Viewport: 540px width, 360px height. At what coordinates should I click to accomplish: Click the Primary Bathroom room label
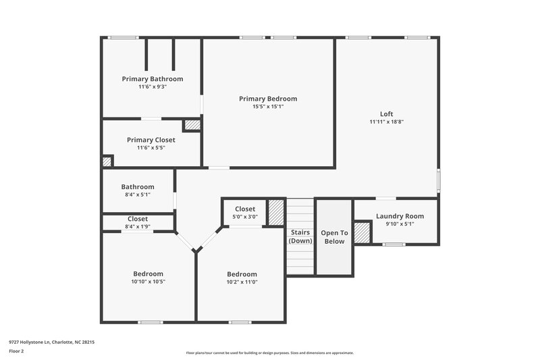click(x=152, y=79)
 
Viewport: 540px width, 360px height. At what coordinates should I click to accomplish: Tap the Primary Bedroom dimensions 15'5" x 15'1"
click(x=268, y=107)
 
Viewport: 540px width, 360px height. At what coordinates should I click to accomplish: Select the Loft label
click(x=386, y=113)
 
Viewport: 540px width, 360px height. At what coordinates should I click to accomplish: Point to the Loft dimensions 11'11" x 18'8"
click(x=386, y=122)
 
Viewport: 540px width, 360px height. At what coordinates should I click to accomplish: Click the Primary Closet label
click(x=151, y=140)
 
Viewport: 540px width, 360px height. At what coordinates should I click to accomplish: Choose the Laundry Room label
click(x=400, y=216)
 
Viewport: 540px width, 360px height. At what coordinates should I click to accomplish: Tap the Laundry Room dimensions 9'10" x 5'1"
click(x=400, y=224)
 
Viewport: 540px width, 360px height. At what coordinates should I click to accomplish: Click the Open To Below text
click(x=334, y=236)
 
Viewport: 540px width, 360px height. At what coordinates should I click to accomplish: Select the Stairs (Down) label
click(x=300, y=236)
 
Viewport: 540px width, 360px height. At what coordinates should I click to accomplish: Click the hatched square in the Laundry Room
click(x=362, y=233)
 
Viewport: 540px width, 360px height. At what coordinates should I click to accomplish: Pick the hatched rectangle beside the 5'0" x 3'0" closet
click(x=276, y=213)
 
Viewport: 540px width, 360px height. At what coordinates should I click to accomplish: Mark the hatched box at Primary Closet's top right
click(x=192, y=125)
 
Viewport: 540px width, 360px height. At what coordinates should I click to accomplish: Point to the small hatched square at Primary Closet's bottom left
click(x=107, y=161)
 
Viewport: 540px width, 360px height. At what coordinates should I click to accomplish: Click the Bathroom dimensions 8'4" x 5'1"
click(x=138, y=195)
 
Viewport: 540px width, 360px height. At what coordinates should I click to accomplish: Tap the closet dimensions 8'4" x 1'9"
click(x=138, y=227)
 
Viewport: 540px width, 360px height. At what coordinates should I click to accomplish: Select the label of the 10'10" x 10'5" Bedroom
click(x=148, y=274)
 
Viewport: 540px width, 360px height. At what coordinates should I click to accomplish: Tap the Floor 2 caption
click(x=18, y=352)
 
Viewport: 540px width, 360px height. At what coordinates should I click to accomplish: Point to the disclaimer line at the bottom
click(x=269, y=353)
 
